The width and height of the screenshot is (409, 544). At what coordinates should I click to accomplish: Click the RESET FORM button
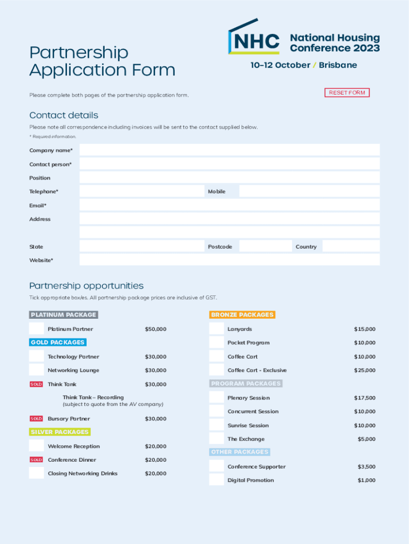[347, 93]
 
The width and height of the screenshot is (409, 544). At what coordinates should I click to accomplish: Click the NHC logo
[254, 38]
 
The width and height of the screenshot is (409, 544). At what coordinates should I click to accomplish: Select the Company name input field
[229, 150]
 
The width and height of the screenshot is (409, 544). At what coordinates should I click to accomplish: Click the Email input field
[229, 205]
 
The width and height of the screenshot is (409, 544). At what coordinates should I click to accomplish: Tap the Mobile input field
[309, 191]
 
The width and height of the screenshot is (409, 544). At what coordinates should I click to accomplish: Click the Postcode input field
[266, 246]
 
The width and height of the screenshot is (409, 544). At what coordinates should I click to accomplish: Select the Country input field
[351, 246]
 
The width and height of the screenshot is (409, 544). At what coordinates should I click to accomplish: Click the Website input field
[229, 260]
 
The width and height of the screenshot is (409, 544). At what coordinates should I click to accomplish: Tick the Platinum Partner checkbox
[37, 329]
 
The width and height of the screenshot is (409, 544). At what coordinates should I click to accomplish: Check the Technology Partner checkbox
[37, 356]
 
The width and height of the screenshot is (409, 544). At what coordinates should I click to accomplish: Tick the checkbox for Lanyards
[216, 329]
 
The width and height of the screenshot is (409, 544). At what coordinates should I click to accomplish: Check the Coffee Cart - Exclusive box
[216, 370]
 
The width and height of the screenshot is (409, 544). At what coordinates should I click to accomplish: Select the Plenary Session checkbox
[216, 397]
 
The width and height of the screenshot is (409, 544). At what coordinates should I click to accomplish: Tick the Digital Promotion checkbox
[216, 480]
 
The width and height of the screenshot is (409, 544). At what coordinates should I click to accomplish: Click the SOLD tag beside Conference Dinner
[36, 460]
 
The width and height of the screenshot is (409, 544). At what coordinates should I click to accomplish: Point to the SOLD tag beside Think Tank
[36, 384]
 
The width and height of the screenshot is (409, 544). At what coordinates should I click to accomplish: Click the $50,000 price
[156, 329]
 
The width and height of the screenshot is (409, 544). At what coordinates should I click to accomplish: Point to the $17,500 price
[365, 398]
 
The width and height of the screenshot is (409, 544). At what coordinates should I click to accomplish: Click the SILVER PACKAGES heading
[59, 432]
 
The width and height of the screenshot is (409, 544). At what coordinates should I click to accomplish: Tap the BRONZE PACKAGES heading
[242, 314]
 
